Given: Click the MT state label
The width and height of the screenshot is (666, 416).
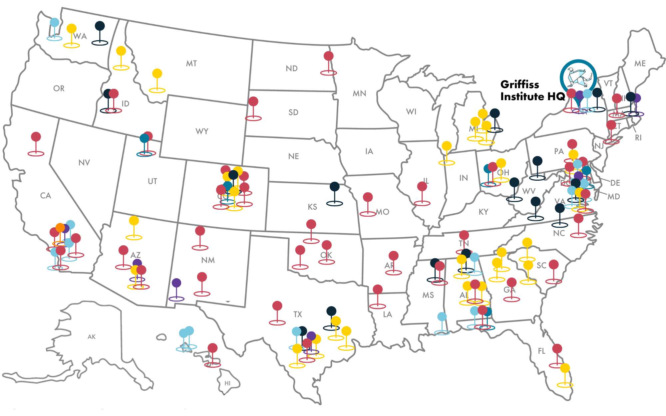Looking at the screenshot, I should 191,64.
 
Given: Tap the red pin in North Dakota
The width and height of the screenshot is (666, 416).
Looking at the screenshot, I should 329,56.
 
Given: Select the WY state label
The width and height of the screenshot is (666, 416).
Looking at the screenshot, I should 202,131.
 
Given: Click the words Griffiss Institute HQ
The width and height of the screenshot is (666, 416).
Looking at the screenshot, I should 532,90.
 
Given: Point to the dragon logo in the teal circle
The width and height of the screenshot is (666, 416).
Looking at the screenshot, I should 578,77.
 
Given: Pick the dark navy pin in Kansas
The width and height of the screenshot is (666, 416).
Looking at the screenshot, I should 335,187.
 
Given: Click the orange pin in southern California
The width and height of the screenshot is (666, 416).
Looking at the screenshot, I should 60,228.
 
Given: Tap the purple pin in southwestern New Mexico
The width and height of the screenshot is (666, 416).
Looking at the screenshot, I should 176,283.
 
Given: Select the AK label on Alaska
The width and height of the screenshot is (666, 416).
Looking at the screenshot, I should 92,337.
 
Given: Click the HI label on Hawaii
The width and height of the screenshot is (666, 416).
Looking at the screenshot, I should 227,383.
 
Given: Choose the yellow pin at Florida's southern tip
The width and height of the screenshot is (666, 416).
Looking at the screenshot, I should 565,368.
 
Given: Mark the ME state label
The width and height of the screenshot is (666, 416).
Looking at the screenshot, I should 640,64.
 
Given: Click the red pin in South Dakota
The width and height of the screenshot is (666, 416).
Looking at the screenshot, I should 253,102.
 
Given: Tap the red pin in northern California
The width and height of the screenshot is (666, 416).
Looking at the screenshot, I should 36,137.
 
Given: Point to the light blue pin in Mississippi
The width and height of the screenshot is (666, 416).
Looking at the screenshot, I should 442,317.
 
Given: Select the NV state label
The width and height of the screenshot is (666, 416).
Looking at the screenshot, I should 84,163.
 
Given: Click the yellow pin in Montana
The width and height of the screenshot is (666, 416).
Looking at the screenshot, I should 157,74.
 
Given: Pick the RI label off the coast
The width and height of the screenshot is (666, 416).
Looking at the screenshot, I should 638,138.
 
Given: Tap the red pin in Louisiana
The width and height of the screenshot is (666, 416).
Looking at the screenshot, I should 378,290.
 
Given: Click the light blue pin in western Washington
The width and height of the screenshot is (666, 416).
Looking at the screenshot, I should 55,23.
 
